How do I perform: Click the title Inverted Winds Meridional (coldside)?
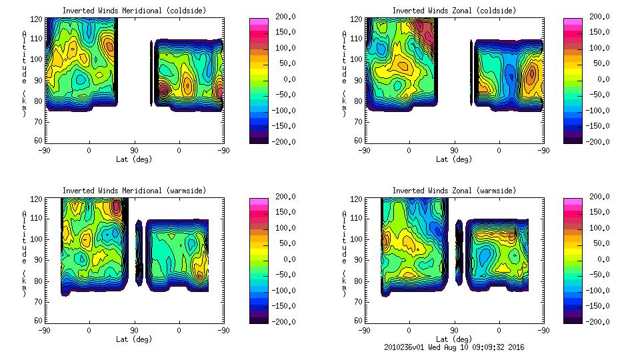135,11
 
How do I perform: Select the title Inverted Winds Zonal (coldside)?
454,11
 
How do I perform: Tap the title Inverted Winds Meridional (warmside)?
135,191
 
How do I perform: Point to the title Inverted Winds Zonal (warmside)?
454,191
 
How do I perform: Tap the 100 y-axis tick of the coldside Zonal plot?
357,59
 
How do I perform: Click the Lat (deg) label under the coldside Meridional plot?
134,159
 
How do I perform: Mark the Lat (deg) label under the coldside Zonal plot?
454,159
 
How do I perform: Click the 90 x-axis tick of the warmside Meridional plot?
134,330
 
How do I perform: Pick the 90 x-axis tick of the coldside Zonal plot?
454,150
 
